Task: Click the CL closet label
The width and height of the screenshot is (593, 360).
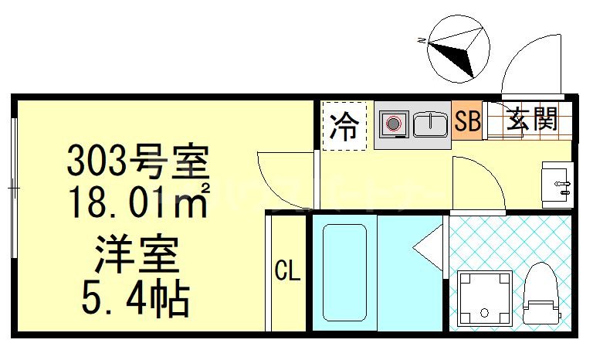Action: (x=287, y=271)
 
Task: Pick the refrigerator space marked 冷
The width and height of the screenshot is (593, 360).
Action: (x=344, y=125)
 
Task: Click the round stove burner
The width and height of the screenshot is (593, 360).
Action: (x=394, y=124)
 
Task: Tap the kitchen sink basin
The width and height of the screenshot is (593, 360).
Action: (x=430, y=124)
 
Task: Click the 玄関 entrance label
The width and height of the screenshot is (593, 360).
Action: (x=532, y=120)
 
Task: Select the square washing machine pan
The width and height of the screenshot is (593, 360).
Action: (x=484, y=298)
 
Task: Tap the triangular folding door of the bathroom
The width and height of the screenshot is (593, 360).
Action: (x=431, y=249)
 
